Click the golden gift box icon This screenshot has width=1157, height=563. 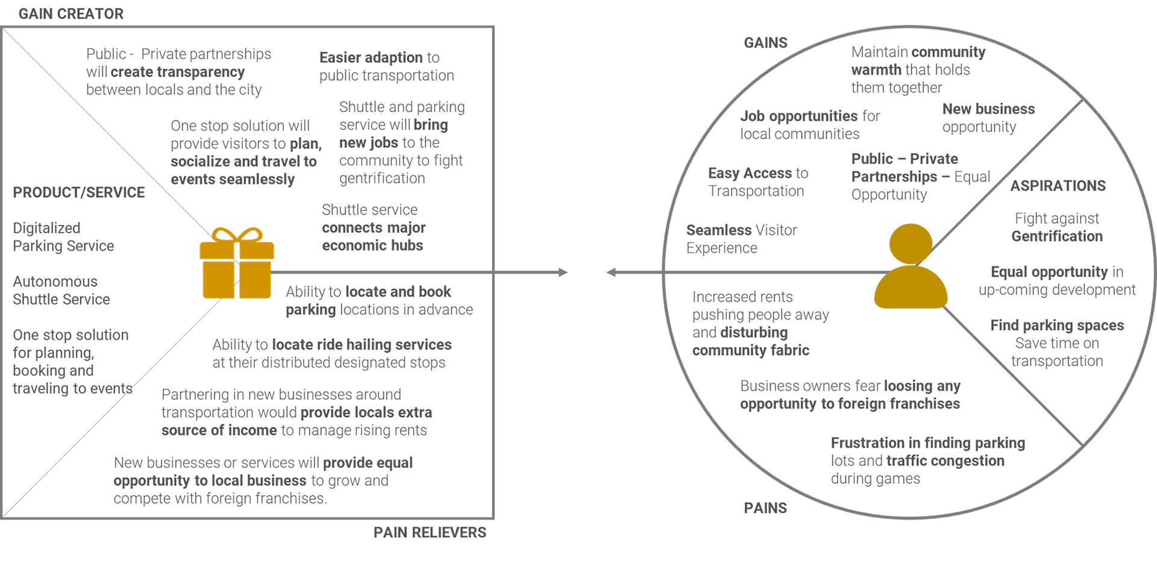(236, 264)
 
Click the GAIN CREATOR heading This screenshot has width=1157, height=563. (71, 14)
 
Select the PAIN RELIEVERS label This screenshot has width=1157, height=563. (430, 532)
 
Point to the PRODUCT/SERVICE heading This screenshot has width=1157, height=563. (79, 192)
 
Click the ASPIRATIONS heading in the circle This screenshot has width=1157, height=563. (1058, 186)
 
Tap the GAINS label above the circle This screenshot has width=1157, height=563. (765, 43)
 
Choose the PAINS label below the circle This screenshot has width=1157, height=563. (765, 508)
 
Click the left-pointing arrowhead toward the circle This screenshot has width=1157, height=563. (611, 272)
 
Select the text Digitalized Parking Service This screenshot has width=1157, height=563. (63, 237)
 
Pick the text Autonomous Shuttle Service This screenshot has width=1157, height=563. (61, 291)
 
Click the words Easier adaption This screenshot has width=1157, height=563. (371, 58)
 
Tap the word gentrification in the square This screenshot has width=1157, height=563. (382, 178)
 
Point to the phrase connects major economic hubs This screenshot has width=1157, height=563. (374, 237)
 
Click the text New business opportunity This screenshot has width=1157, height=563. (988, 118)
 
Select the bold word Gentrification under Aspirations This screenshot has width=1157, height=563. (1057, 236)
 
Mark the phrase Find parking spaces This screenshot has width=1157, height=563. (1057, 326)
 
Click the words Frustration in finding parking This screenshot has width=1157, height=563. (927, 443)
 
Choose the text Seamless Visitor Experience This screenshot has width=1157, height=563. (741, 239)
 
